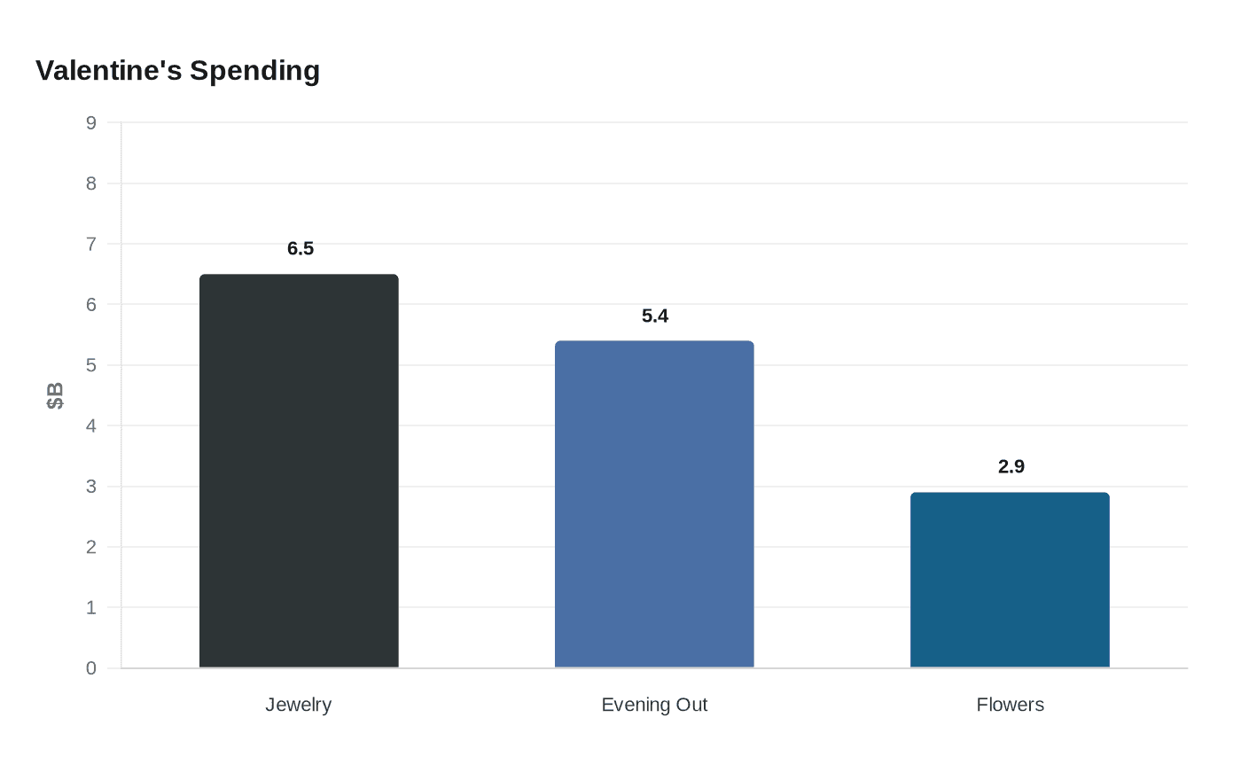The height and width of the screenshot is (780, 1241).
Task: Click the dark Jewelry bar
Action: tap(299, 471)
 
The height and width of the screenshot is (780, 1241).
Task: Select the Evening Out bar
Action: tap(654, 504)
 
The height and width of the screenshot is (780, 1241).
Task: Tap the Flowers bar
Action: tap(1010, 580)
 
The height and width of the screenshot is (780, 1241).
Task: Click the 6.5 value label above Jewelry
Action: tap(300, 248)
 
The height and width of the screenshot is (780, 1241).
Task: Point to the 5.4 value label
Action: tap(655, 316)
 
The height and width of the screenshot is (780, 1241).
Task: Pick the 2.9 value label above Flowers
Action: tap(1011, 466)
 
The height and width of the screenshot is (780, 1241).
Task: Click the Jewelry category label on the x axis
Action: tap(298, 706)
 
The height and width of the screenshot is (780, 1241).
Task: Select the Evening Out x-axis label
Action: tap(654, 706)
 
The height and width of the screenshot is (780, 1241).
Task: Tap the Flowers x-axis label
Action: tap(1010, 705)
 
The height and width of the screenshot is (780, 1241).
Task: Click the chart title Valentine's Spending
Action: tap(178, 71)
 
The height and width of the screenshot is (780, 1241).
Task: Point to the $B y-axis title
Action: tap(55, 395)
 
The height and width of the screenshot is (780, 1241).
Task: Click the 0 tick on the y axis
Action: tap(90, 668)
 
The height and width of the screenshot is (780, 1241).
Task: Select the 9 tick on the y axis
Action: tap(90, 122)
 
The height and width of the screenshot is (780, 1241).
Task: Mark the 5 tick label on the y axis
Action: tap(90, 365)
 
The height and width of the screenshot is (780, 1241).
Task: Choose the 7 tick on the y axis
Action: tap(90, 244)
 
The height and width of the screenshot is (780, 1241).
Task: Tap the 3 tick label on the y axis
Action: tap(90, 487)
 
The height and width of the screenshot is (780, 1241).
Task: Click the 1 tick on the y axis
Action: tap(90, 608)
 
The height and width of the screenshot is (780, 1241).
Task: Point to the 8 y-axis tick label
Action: tap(90, 183)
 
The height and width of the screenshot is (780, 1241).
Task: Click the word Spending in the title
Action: tap(255, 72)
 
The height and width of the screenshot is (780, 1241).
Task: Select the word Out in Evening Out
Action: tap(691, 705)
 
